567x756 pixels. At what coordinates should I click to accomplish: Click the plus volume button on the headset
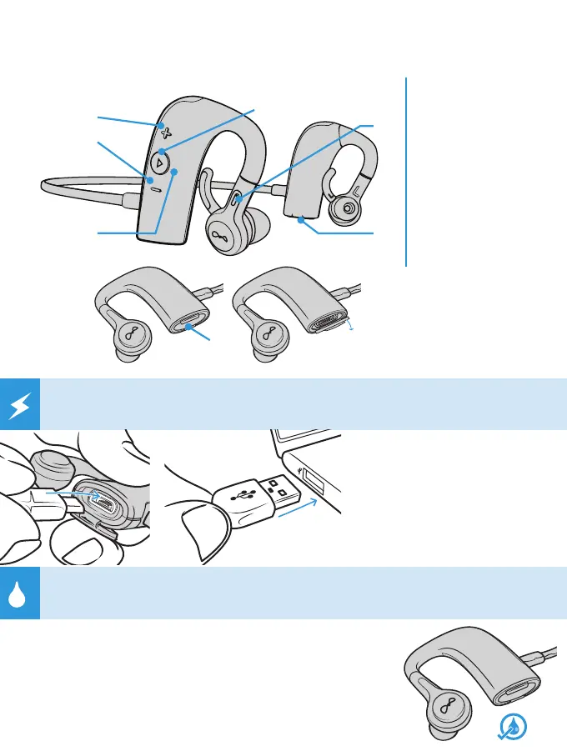165,132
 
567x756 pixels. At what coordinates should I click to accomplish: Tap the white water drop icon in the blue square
19,593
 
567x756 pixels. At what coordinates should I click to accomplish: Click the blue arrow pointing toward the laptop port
299,511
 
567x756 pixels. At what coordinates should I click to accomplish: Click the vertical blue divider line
407,171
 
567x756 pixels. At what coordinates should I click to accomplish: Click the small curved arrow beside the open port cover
351,328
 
